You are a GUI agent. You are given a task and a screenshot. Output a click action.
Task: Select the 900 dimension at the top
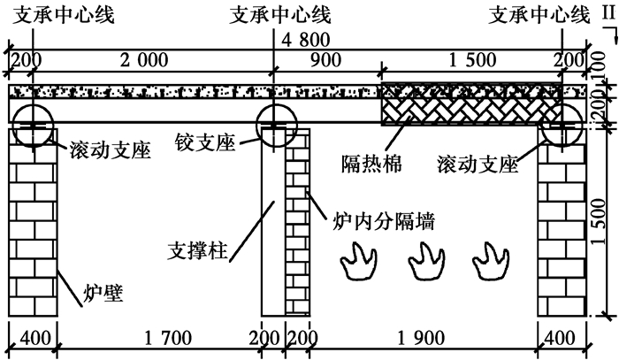click(325, 59)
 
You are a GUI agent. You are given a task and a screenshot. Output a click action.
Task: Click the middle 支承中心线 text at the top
click(280, 15)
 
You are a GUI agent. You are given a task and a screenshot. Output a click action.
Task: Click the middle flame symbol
click(424, 262)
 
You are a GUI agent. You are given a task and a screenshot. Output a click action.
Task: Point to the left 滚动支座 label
click(108, 150)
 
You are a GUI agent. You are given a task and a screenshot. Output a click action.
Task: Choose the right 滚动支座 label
click(478, 164)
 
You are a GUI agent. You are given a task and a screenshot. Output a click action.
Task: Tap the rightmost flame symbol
click(489, 262)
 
